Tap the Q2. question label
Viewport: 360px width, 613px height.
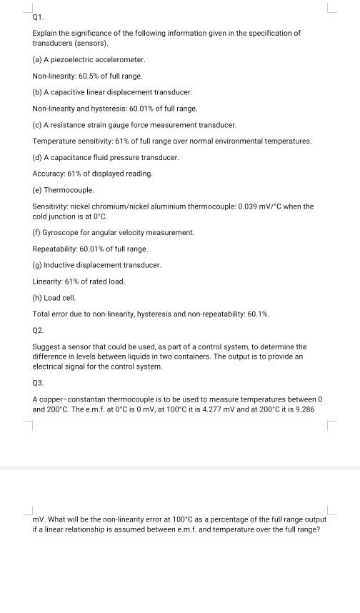(39, 331)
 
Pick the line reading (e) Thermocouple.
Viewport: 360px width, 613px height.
(64, 190)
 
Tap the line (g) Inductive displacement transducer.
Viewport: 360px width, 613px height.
(97, 265)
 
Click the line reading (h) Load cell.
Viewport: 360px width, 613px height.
(54, 298)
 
